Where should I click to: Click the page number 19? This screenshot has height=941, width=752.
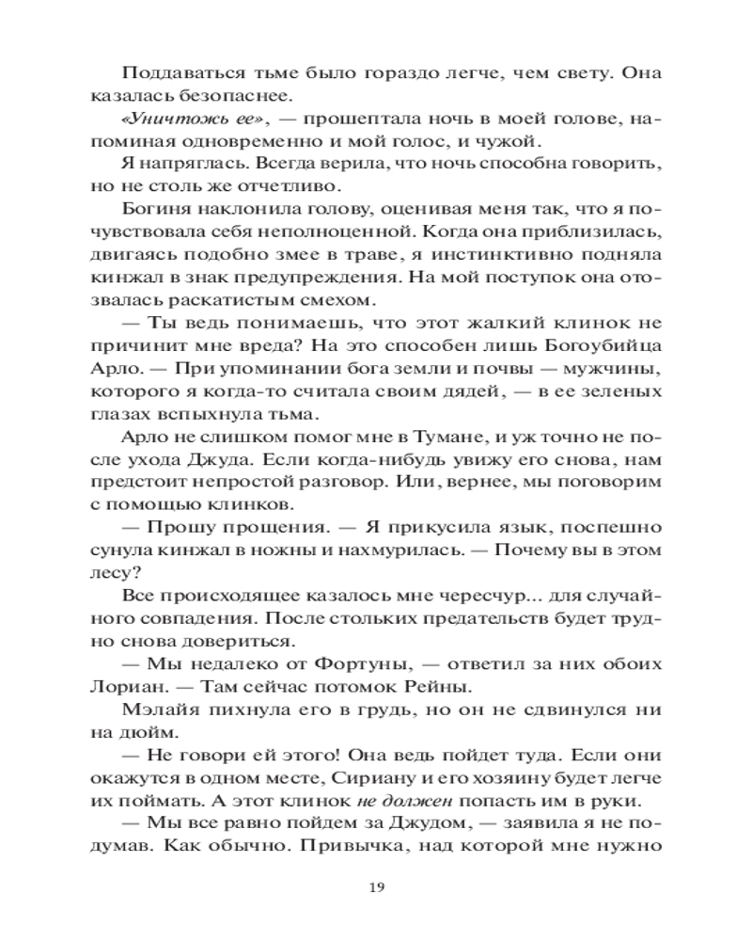pyautogui.click(x=376, y=886)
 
